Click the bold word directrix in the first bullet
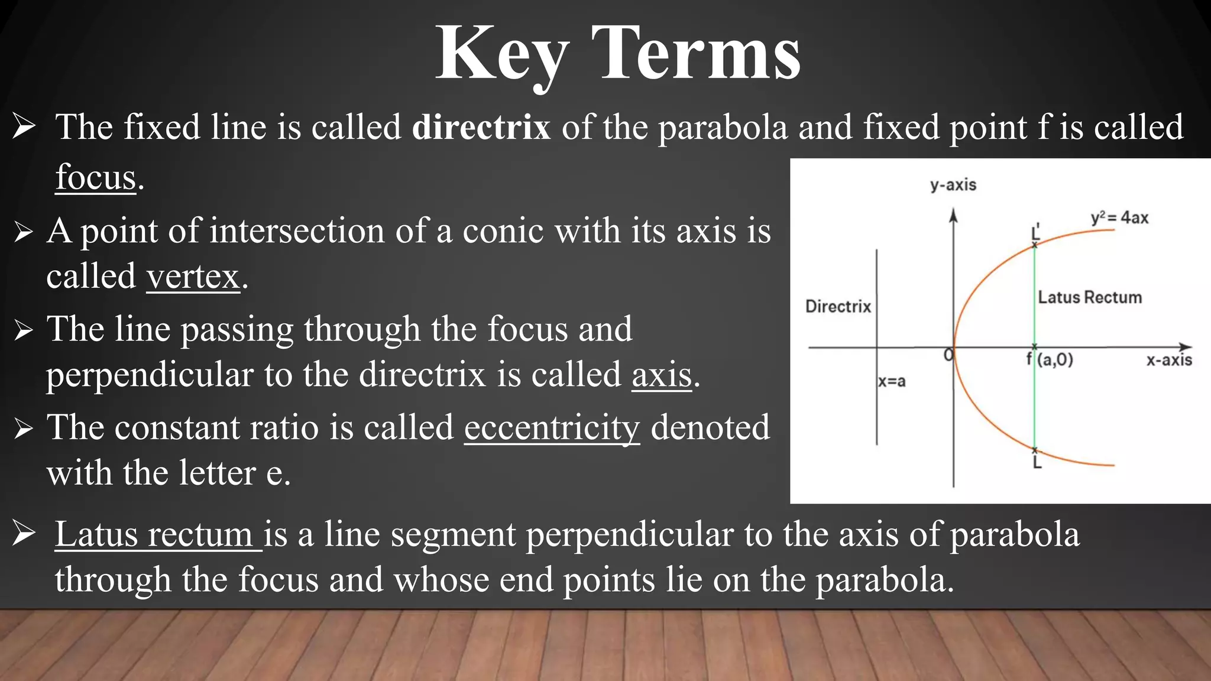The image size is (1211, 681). click(481, 127)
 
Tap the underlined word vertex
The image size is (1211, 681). click(193, 276)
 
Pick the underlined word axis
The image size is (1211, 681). click(661, 375)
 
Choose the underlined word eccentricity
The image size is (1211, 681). click(552, 427)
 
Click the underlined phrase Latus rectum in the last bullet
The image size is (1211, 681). click(157, 534)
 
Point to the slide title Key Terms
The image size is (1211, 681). click(617, 54)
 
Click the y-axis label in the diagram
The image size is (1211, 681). click(953, 185)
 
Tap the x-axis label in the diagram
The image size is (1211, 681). click(1168, 360)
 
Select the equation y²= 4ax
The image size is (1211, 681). click(1119, 218)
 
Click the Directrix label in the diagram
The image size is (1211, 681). click(838, 306)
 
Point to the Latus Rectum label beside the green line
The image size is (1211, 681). click(1089, 297)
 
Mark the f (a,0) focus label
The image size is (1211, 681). click(1050, 359)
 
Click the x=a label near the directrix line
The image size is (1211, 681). click(892, 381)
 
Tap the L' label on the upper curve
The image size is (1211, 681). click(1035, 232)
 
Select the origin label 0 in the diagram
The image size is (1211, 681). click(948, 355)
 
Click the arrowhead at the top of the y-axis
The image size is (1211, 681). click(953, 215)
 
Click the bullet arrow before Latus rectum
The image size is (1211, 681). click(24, 534)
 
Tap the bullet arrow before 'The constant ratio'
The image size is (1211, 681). click(23, 429)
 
